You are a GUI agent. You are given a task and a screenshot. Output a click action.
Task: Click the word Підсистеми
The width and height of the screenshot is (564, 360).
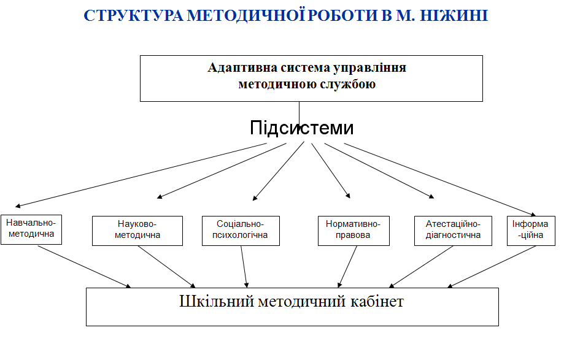[x=302, y=128]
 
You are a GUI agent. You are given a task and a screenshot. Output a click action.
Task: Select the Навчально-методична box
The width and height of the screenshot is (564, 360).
[x=31, y=229]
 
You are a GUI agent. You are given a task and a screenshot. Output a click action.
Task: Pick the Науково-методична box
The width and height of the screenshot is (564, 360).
[x=137, y=231]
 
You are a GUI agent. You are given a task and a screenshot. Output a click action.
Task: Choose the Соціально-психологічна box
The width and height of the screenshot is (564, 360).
[x=241, y=231]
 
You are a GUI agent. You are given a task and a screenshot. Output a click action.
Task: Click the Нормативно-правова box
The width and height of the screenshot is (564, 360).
[x=353, y=231]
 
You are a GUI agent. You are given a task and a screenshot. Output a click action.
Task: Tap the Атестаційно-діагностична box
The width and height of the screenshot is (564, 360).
[x=453, y=231]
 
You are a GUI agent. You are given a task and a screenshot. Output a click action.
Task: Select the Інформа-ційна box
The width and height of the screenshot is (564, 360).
[x=531, y=231]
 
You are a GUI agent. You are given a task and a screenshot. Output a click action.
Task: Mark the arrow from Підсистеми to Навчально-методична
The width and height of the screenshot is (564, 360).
[x=141, y=175]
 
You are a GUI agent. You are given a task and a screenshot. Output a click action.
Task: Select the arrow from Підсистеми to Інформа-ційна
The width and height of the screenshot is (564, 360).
[x=440, y=180]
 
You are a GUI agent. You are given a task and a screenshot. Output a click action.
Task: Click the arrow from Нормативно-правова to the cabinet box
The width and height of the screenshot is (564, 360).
[x=347, y=267]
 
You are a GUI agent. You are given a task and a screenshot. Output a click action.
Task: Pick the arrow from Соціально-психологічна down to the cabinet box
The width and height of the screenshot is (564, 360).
[x=244, y=267]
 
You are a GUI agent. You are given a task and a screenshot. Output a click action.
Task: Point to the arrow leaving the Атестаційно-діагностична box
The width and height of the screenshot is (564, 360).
[x=421, y=267]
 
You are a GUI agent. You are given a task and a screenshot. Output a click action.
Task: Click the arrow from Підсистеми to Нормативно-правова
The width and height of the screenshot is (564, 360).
[x=331, y=170]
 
